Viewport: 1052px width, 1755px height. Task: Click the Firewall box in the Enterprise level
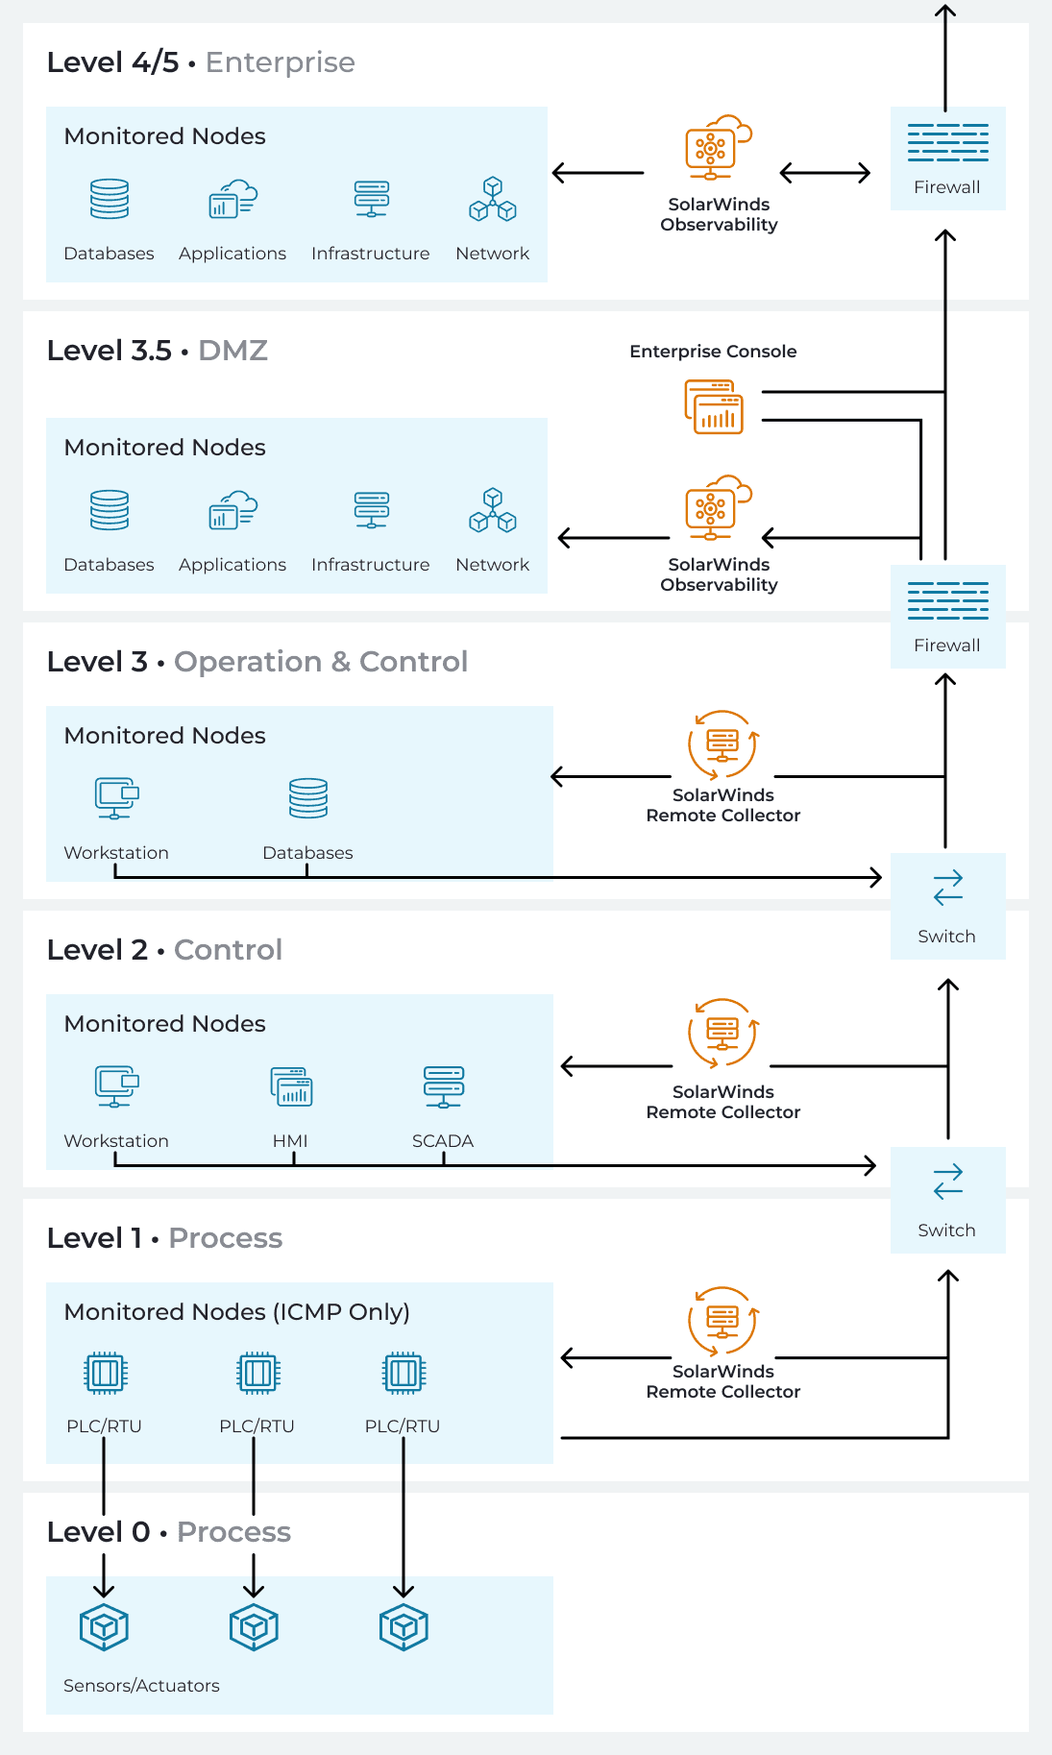click(x=947, y=158)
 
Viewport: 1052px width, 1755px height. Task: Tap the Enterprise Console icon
click(x=714, y=406)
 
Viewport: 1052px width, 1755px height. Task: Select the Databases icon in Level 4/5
click(x=109, y=199)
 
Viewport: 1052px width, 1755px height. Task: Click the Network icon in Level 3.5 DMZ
click(x=493, y=510)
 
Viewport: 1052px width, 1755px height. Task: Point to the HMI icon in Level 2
click(x=291, y=1086)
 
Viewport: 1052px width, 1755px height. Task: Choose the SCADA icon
click(x=443, y=1086)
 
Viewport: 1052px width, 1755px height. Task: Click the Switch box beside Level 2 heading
click(x=947, y=906)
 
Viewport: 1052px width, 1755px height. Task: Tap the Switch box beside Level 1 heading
click(x=947, y=1200)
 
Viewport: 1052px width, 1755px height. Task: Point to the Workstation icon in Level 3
click(x=116, y=797)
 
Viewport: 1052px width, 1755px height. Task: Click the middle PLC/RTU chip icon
click(x=257, y=1373)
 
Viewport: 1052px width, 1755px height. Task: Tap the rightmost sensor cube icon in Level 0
click(x=404, y=1627)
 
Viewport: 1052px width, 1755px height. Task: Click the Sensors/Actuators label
click(x=141, y=1685)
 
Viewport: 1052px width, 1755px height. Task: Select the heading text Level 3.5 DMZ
click(x=157, y=351)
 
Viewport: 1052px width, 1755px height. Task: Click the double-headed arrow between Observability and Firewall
click(x=824, y=173)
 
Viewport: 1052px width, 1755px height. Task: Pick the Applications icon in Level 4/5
click(x=232, y=199)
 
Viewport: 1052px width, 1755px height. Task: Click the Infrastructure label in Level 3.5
click(x=370, y=565)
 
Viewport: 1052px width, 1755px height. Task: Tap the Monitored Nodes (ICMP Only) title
click(x=236, y=1311)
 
